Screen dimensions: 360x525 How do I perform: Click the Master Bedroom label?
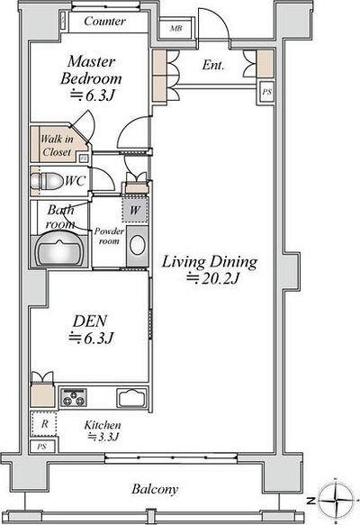[91, 70]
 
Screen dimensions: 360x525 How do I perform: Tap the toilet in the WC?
[47, 181]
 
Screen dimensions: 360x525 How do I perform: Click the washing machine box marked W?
[135, 210]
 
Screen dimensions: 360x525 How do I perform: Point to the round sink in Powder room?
[137, 245]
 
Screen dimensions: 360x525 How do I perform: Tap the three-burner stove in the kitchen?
[73, 397]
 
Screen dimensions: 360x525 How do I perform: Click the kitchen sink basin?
[132, 397]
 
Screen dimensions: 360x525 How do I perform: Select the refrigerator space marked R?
[44, 423]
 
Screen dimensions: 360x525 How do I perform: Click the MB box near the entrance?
[176, 29]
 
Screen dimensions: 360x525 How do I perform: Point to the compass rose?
[335, 499]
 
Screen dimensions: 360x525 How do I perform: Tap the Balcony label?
[155, 489]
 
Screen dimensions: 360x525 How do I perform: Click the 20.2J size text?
[212, 278]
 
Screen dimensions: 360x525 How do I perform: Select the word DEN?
[90, 321]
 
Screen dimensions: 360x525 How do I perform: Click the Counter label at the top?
[104, 21]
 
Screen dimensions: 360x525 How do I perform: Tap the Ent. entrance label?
[213, 65]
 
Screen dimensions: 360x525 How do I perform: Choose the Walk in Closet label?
[57, 145]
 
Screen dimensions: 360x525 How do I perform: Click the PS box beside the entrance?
[266, 92]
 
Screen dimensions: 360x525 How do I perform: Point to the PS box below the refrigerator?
[42, 447]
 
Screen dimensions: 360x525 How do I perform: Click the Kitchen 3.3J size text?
[103, 437]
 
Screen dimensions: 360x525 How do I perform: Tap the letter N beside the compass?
[311, 501]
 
